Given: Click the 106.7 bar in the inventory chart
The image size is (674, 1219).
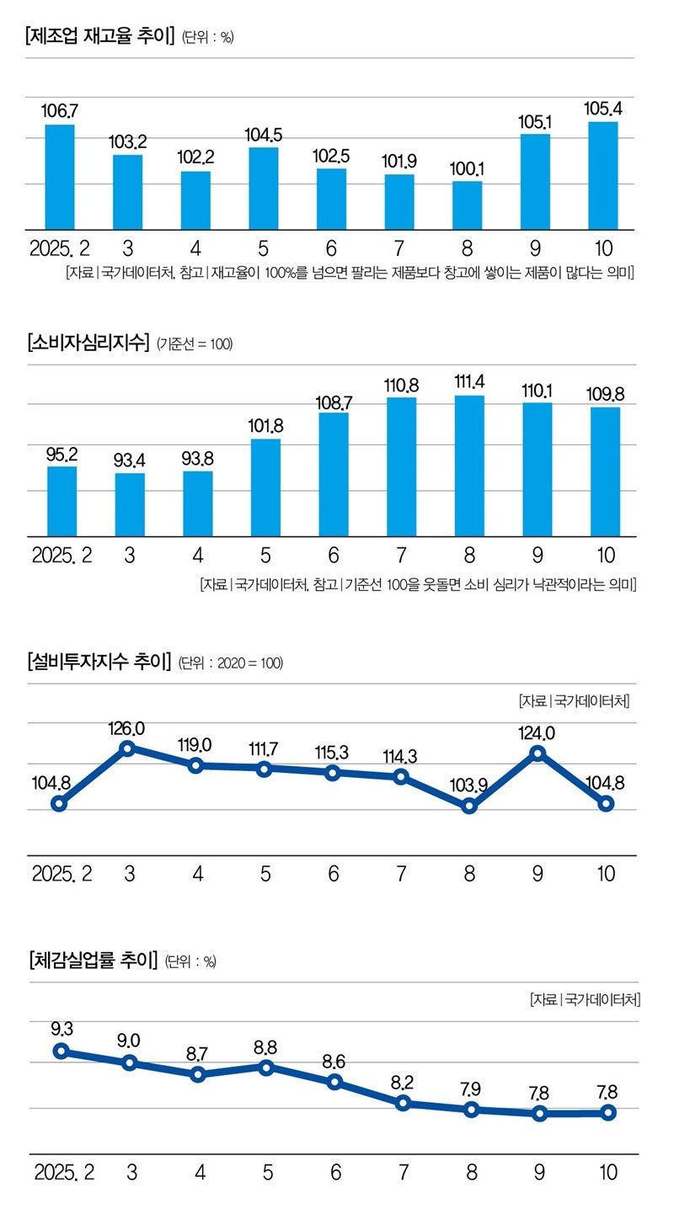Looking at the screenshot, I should (x=60, y=177).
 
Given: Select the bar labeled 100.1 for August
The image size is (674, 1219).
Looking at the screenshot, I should (x=468, y=205).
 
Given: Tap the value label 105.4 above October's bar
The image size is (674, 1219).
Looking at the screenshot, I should (x=603, y=109).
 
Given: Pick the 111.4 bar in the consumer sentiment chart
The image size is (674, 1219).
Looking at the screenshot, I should (x=469, y=466).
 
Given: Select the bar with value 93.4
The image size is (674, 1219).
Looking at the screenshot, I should (x=130, y=504).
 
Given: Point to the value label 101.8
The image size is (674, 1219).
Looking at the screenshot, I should (x=266, y=426).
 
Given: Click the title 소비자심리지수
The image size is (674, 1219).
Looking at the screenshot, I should (x=88, y=343).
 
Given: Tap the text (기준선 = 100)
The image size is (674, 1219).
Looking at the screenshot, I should (x=195, y=343).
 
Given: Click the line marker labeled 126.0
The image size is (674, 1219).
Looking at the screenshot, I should (x=128, y=748).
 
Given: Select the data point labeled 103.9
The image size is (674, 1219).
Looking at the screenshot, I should (x=469, y=806).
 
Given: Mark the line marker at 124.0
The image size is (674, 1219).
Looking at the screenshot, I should (x=538, y=753).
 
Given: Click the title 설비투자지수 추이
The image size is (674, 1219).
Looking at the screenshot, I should (x=99, y=661).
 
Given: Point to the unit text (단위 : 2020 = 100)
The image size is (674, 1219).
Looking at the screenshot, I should (x=231, y=663).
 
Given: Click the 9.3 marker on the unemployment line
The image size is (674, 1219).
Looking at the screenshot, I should (x=61, y=1051).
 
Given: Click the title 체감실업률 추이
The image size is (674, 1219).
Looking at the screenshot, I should (x=93, y=960).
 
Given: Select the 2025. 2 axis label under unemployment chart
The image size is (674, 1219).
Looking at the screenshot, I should (x=64, y=1173).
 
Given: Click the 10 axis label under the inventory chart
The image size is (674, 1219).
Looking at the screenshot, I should (x=603, y=249).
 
